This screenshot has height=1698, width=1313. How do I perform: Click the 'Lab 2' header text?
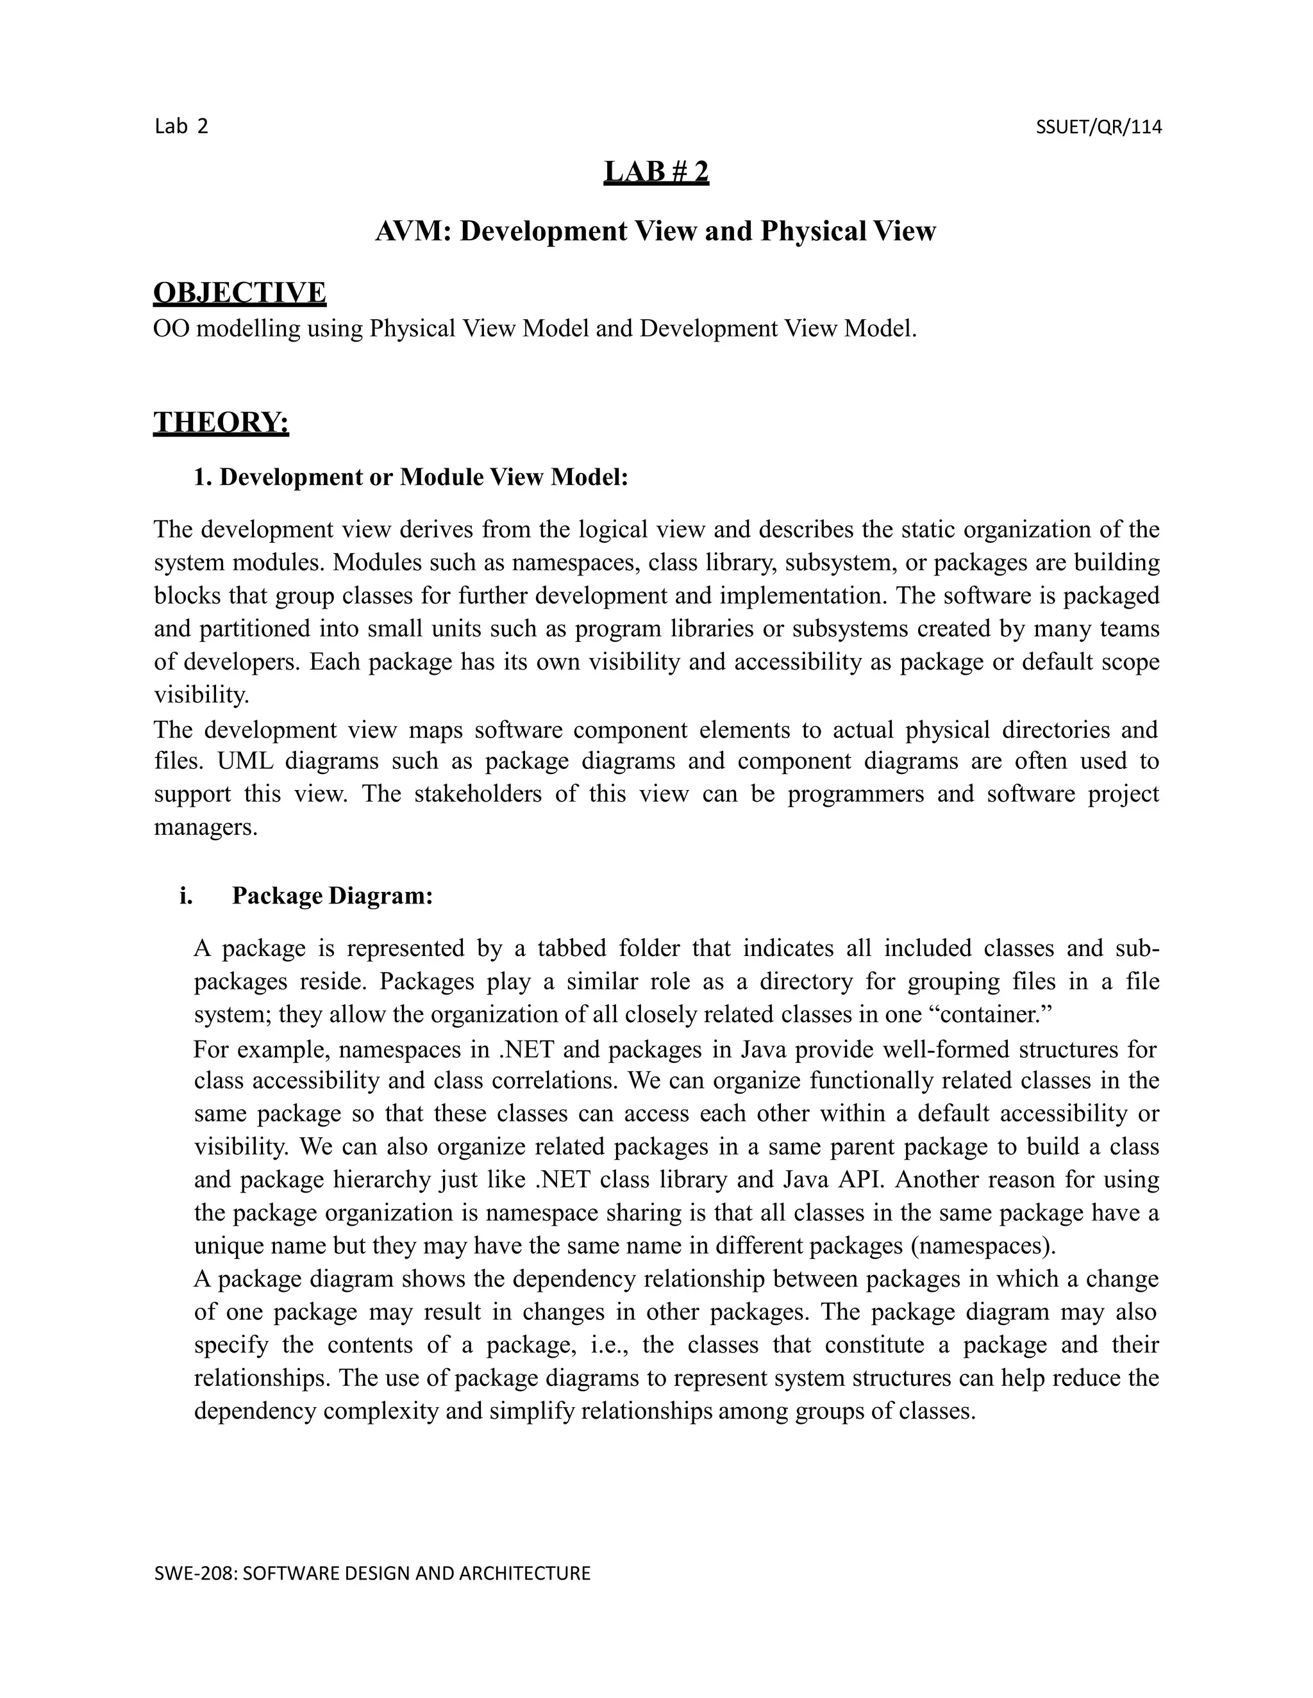[x=181, y=127]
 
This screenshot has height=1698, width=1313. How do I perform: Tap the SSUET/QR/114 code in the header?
[x=1098, y=127]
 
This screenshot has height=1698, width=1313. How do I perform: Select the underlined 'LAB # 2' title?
[x=656, y=172]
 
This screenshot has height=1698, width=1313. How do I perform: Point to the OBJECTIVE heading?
[x=240, y=293]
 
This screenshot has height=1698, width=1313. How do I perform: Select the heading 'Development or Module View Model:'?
[x=423, y=477]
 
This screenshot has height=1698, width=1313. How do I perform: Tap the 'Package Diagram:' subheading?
[x=332, y=896]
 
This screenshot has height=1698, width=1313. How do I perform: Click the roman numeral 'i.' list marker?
[x=186, y=896]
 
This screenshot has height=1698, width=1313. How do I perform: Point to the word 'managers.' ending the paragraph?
[x=205, y=827]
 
